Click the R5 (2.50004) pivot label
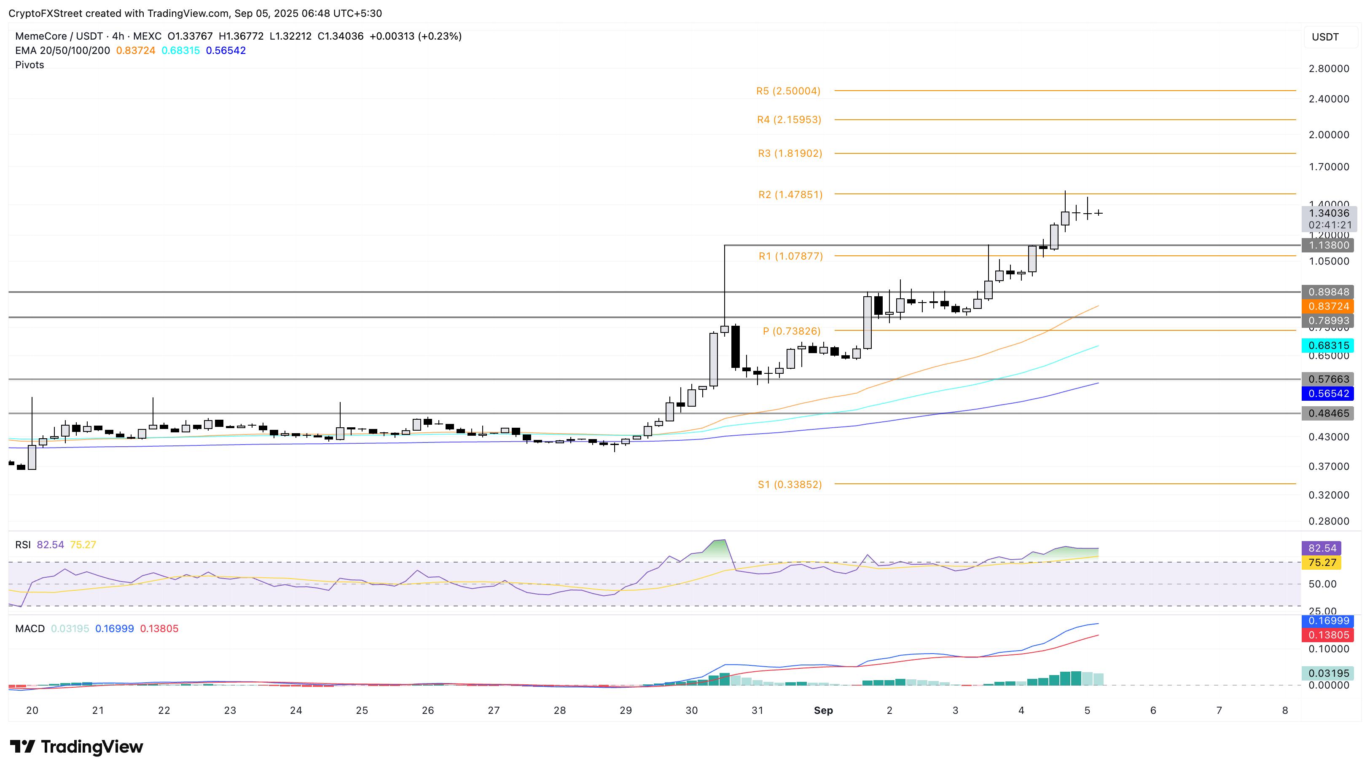[x=788, y=91]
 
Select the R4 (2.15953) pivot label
[x=789, y=120]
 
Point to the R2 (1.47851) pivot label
[x=790, y=195]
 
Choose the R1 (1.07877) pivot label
[x=790, y=256]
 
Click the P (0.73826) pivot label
[x=791, y=331]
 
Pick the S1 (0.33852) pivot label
[x=790, y=484]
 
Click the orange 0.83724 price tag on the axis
[x=1328, y=306]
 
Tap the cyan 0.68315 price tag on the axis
[x=1328, y=346]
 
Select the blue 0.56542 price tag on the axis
[x=1328, y=394]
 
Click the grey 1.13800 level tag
[x=1328, y=245]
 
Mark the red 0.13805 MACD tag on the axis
[x=1328, y=635]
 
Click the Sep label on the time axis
[x=823, y=710]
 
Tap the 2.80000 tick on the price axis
[x=1329, y=69]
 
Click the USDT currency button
[x=1325, y=37]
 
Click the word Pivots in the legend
[x=30, y=65]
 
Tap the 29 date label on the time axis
[x=626, y=710]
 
